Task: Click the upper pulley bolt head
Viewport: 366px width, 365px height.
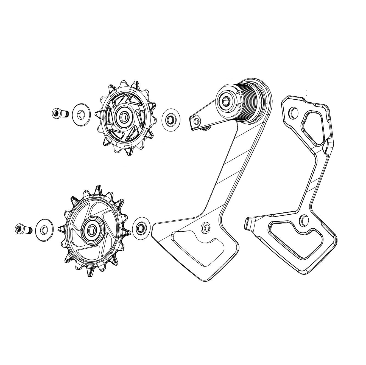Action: [56, 113]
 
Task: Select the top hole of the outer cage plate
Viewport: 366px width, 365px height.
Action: [293, 112]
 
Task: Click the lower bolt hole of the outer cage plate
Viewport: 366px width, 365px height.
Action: [304, 220]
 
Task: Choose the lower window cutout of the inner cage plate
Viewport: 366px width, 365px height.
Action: [198, 244]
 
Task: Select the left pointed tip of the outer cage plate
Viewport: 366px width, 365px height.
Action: [247, 222]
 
